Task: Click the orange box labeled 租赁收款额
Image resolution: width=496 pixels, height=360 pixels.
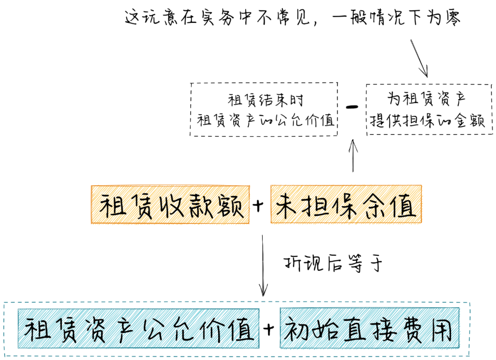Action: [170, 204]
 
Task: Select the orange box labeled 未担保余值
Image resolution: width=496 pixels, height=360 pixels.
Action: [346, 204]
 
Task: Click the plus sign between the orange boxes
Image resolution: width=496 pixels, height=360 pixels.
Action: [260, 206]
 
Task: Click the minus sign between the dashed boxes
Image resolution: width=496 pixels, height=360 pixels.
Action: [352, 107]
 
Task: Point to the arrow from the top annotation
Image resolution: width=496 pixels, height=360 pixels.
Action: [419, 58]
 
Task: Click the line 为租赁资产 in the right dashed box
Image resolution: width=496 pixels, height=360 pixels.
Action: [428, 99]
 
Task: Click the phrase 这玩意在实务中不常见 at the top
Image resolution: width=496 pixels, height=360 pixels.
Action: [216, 18]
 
